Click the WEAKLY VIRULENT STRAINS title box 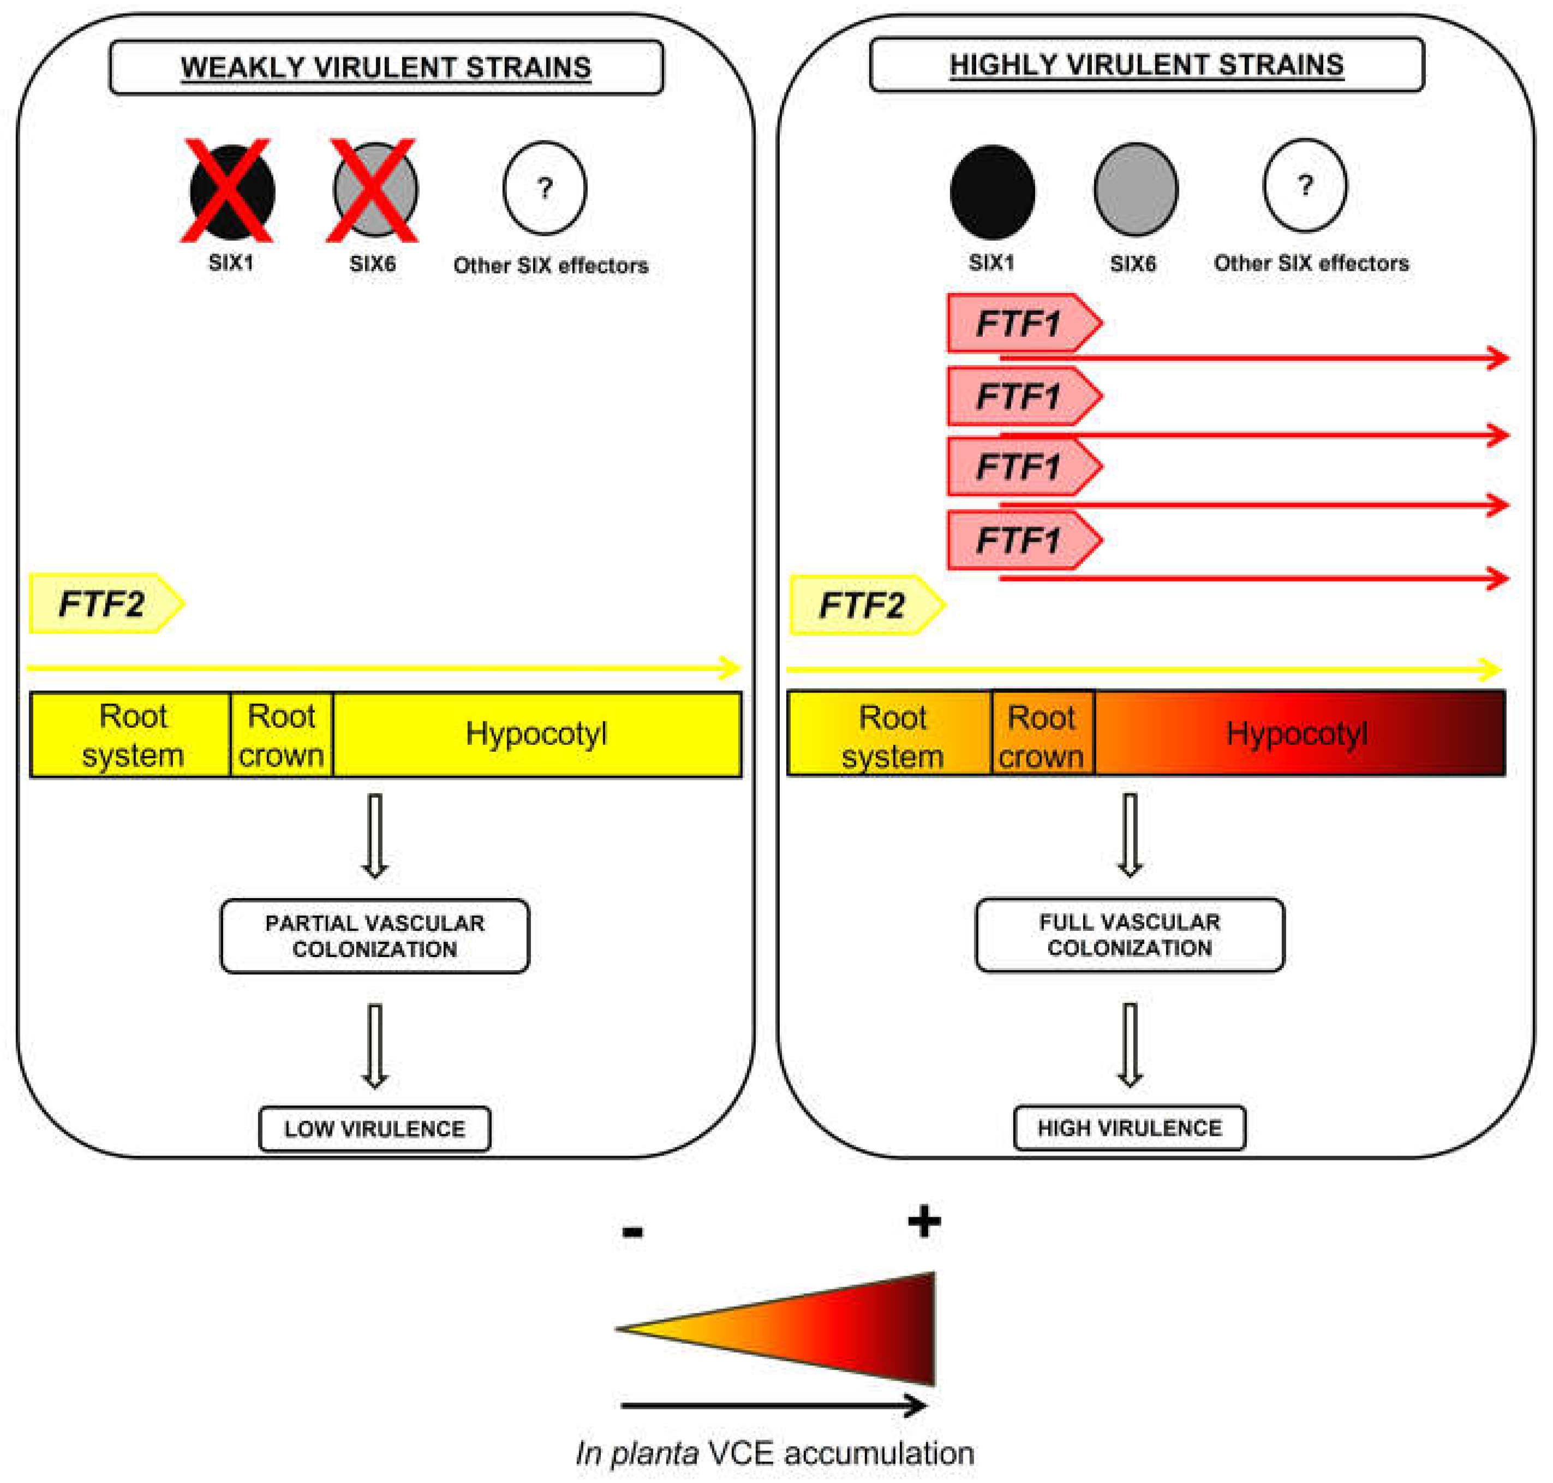(386, 67)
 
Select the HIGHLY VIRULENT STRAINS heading (1146, 65)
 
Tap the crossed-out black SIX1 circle (232, 192)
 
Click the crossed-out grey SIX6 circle (375, 190)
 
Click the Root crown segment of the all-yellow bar (282, 735)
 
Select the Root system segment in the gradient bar (891, 735)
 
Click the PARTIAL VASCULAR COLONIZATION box (375, 936)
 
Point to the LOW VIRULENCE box (375, 1129)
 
